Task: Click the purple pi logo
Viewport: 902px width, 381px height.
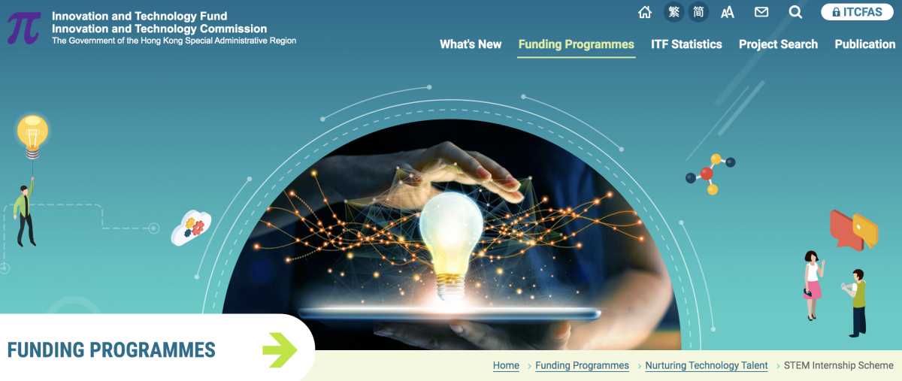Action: click(x=24, y=28)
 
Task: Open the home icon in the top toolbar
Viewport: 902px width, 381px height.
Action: click(x=645, y=13)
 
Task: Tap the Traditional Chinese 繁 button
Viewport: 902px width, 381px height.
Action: click(x=673, y=12)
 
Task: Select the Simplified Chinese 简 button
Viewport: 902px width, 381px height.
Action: click(x=698, y=12)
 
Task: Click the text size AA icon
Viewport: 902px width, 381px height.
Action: click(x=728, y=13)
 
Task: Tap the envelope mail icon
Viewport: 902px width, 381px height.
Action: click(x=761, y=13)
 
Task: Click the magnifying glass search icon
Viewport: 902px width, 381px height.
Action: click(x=795, y=13)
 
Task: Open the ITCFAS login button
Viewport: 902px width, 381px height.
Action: click(x=857, y=12)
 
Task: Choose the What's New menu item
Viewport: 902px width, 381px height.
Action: click(x=471, y=44)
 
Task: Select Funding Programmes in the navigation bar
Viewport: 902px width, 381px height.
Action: click(x=577, y=44)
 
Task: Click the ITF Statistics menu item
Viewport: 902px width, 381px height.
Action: click(x=686, y=44)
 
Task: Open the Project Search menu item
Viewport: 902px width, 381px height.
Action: click(x=778, y=44)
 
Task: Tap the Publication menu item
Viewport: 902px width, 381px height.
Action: click(x=865, y=44)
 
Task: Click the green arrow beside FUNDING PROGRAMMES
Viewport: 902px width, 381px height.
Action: click(x=280, y=350)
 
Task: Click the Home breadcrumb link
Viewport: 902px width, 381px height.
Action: click(x=506, y=365)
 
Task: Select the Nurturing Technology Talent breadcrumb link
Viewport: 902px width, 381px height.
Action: click(x=707, y=365)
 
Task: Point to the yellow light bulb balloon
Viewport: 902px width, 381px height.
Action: click(x=32, y=136)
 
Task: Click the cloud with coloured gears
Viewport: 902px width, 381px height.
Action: click(x=191, y=227)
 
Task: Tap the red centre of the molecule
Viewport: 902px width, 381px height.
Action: click(x=707, y=174)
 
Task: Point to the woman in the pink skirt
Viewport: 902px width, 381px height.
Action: click(x=813, y=285)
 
